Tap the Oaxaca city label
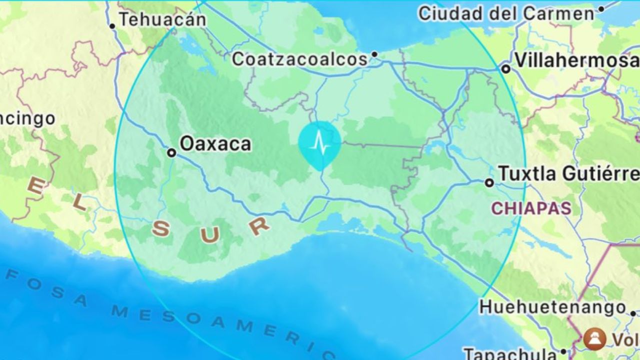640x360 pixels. click(215, 144)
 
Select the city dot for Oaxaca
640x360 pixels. click(171, 152)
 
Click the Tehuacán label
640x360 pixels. click(162, 19)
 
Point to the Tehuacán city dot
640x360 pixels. click(112, 26)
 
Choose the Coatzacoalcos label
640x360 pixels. click(300, 59)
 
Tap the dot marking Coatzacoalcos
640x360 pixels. click(374, 54)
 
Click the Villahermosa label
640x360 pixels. click(576, 60)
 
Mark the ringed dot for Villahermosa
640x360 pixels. click(506, 69)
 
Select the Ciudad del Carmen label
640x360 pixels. click(506, 13)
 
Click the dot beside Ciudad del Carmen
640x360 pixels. click(601, 8)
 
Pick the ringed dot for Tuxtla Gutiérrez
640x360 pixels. click(489, 183)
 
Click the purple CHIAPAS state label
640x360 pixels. click(531, 208)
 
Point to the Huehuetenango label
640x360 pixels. click(552, 306)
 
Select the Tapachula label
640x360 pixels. click(510, 354)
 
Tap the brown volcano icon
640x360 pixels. click(594, 339)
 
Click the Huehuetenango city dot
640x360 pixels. click(633, 313)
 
